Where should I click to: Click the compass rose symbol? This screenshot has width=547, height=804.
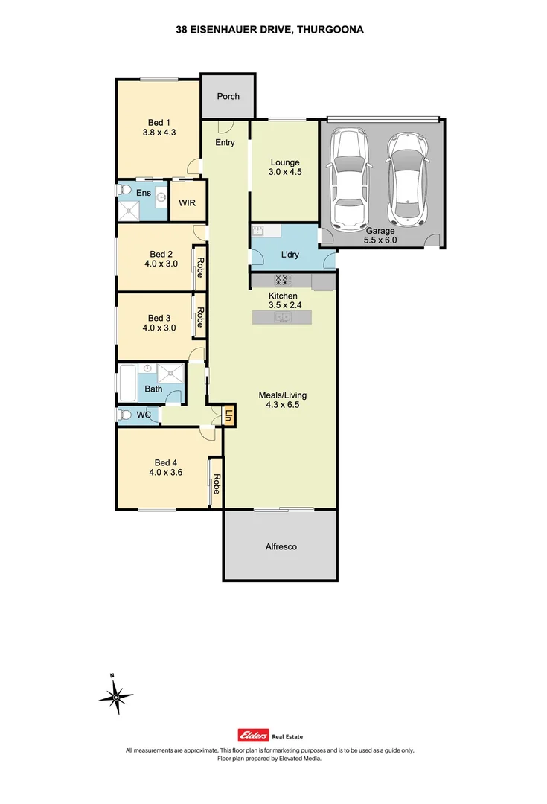pyautogui.click(x=115, y=697)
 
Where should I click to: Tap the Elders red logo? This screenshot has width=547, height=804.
pyautogui.click(x=252, y=734)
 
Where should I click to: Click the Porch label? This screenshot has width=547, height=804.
pyautogui.click(x=228, y=97)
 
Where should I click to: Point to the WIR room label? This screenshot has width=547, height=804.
pyautogui.click(x=186, y=202)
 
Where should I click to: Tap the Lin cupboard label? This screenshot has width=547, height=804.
pyautogui.click(x=229, y=417)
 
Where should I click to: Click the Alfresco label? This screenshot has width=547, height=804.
pyautogui.click(x=281, y=546)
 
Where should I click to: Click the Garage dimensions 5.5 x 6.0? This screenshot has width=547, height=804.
pyautogui.click(x=380, y=240)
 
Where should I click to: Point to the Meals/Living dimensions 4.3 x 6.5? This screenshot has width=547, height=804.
pyautogui.click(x=282, y=406)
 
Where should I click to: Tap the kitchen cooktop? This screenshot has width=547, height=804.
pyautogui.click(x=282, y=281)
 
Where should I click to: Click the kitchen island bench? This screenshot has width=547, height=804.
pyautogui.click(x=282, y=317)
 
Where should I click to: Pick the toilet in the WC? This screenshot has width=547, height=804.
pyautogui.click(x=125, y=415)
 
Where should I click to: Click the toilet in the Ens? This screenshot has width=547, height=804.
pyautogui.click(x=124, y=191)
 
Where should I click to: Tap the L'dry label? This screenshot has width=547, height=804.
pyautogui.click(x=290, y=255)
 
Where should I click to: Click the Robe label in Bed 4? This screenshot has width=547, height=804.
pyautogui.click(x=216, y=485)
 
